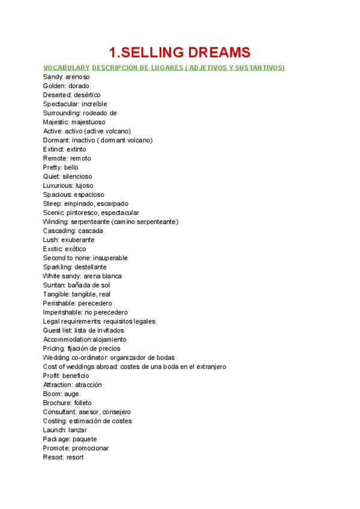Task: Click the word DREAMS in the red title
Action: coord(213,52)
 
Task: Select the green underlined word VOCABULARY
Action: coord(67,68)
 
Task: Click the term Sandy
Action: coord(52,77)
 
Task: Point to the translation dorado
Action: coord(79,86)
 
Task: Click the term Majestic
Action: coord(56,122)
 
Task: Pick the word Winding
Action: coord(56,221)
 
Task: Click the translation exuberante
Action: coord(77,239)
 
